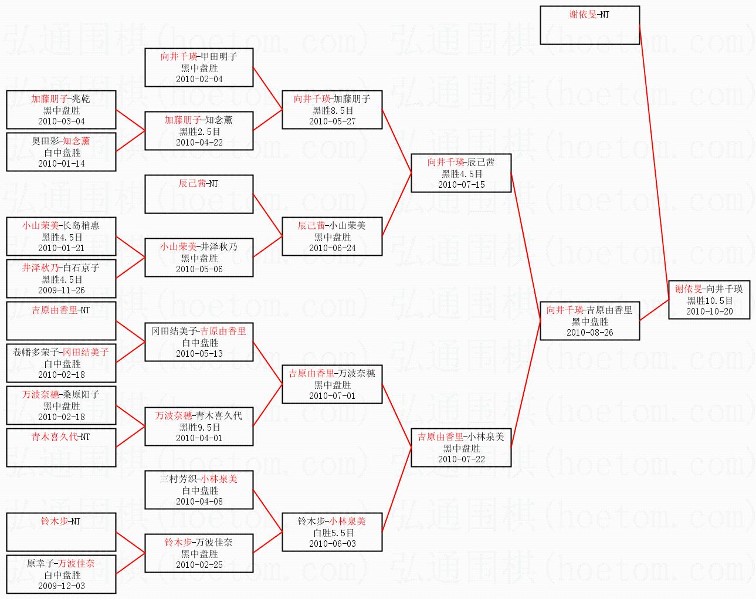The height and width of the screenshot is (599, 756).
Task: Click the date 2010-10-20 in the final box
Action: tap(709, 312)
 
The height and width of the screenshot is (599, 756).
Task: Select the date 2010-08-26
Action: tap(590, 333)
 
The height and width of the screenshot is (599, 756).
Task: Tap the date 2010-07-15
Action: tap(461, 185)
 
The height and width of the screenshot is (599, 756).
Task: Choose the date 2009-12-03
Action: tap(62, 586)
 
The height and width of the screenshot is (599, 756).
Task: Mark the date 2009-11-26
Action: tap(62, 290)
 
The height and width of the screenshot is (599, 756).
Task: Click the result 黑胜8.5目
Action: tap(333, 111)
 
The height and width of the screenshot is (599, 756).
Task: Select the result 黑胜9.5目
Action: tap(199, 428)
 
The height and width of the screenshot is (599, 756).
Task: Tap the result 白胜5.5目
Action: tap(333, 533)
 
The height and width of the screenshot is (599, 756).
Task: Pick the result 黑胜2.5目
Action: tap(199, 132)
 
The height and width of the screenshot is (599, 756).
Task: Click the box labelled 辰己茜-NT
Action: tap(199, 194)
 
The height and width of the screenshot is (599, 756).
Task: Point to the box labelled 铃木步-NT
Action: tap(61, 532)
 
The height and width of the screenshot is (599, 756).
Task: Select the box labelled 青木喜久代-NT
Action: tap(61, 448)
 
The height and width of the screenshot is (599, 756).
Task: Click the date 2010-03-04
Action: tap(62, 121)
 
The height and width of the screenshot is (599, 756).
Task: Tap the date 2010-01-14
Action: tap(62, 164)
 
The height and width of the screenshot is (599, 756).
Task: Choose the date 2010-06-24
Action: tap(333, 248)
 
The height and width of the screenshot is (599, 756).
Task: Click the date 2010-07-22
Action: tap(461, 459)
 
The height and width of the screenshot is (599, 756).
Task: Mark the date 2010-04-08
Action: tap(199, 502)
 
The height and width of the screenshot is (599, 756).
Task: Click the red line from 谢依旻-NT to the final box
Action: tap(654, 163)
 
